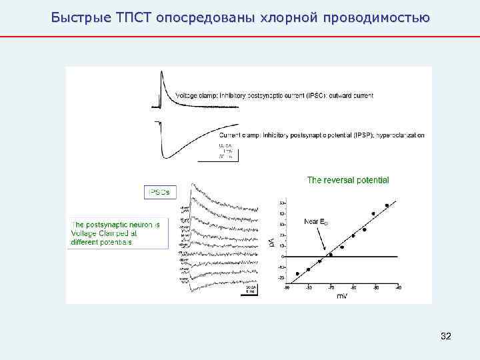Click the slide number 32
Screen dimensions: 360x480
click(446, 337)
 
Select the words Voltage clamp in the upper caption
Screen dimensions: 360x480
click(194, 96)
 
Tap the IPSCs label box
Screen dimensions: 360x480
click(157, 192)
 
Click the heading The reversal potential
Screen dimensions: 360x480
click(347, 180)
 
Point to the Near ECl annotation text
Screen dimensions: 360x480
click(316, 221)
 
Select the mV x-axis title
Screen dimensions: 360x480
click(341, 295)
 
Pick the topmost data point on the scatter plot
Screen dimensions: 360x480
click(387, 205)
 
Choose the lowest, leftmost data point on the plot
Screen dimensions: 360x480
click(297, 274)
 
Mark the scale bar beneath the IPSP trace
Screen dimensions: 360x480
click(227, 153)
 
